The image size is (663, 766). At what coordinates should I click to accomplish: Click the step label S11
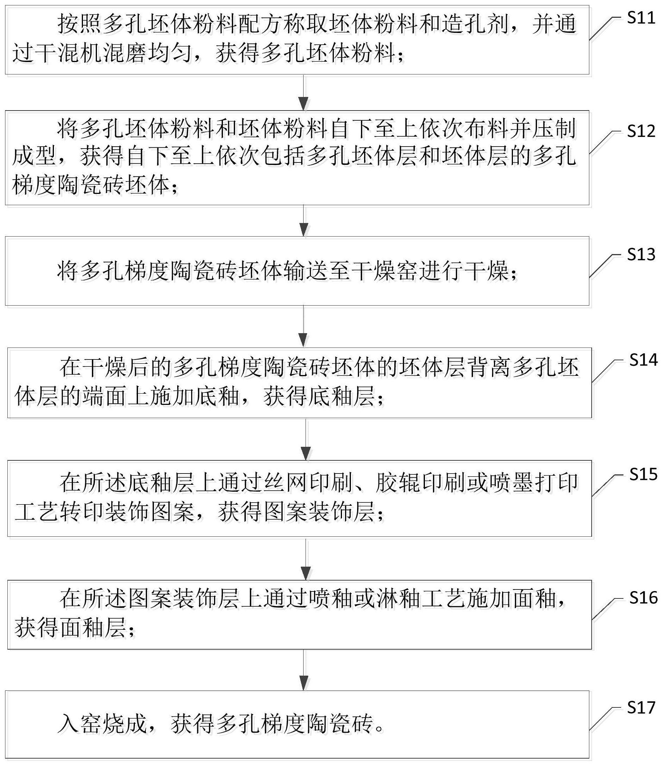(x=641, y=18)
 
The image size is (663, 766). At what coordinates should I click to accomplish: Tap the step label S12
(x=641, y=131)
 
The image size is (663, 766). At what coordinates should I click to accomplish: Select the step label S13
(x=641, y=254)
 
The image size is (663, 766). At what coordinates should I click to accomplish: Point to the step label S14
(x=644, y=360)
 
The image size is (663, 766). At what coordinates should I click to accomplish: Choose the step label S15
(x=644, y=474)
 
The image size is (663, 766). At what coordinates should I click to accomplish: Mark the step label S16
(x=644, y=598)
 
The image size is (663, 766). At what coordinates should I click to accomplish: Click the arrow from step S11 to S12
(x=304, y=92)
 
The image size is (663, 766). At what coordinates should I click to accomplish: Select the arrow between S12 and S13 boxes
(x=304, y=221)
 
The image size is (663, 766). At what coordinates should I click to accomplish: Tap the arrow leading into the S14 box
(x=304, y=327)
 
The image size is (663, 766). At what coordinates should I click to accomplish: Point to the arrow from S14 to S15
(x=306, y=439)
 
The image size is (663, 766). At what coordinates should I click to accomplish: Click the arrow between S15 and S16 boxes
(x=306, y=559)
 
